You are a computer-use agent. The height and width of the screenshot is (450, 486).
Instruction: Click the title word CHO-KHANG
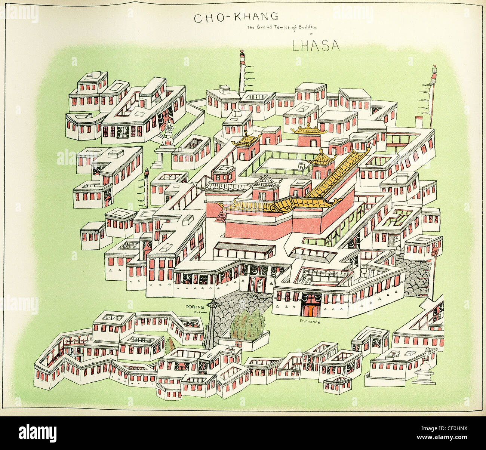coord(236,17)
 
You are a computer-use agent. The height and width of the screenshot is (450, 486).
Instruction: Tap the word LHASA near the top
coord(316,45)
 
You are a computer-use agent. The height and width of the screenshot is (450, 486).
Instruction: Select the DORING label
coord(195,307)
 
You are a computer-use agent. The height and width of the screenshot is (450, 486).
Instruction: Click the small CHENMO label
coord(200,312)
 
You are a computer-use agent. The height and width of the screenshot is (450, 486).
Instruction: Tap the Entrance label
coord(310,321)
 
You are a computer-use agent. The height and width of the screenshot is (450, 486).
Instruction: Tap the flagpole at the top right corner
coord(433,93)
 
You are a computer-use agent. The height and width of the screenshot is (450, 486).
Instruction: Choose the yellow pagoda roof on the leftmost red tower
coord(246,140)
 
